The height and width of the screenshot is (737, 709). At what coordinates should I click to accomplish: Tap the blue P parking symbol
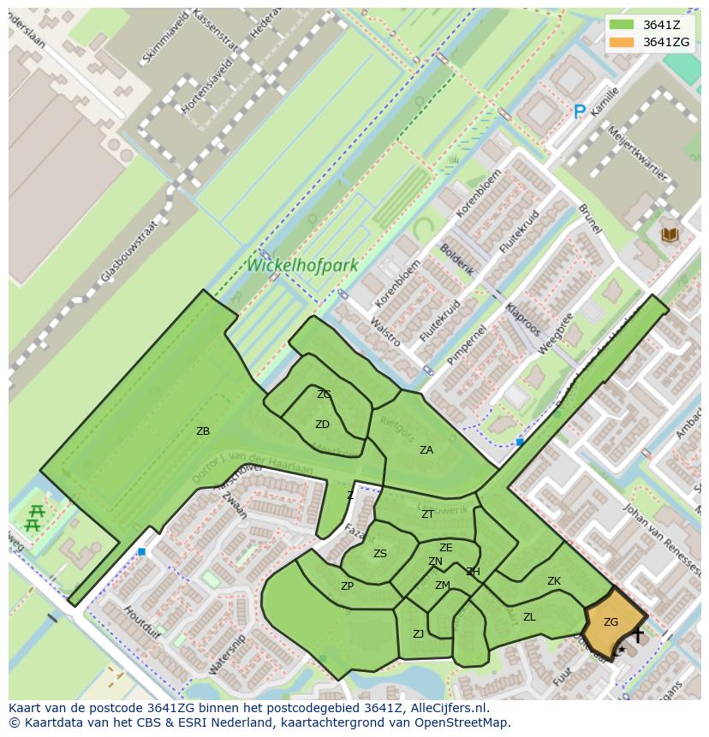coord(580,111)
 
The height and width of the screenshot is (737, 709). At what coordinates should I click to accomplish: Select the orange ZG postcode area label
coord(611,622)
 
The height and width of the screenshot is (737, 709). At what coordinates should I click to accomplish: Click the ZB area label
coord(203,431)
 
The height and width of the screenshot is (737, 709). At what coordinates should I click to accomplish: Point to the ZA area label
coord(426,449)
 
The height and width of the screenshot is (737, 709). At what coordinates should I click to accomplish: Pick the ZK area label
coord(554,581)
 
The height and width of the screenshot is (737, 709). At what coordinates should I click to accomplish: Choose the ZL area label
coord(529,616)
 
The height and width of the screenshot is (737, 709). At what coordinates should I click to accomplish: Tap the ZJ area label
coord(419,634)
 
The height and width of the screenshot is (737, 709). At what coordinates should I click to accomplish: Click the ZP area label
coord(347,586)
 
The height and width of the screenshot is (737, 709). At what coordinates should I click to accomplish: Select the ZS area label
coord(380,554)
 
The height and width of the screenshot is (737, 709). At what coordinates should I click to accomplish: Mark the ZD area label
coord(322,425)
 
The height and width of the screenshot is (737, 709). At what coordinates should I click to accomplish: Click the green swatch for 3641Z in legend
coord(623,25)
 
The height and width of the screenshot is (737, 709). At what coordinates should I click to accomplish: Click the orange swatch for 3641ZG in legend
coord(623,42)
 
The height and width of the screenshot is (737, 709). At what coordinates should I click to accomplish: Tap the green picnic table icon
coord(34,517)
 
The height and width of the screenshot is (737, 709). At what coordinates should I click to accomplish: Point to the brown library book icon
coord(670,234)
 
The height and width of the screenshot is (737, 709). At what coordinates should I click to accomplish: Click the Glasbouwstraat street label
coord(130,251)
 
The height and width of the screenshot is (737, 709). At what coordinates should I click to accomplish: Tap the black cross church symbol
coord(637,634)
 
